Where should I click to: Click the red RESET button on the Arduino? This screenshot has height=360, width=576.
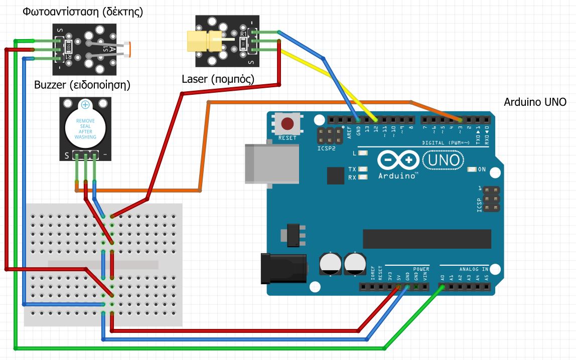pyautogui.click(x=287, y=123)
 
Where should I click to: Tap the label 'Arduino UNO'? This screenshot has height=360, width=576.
pyautogui.click(x=535, y=102)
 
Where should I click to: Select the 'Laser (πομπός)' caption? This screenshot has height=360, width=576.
pyautogui.click(x=218, y=79)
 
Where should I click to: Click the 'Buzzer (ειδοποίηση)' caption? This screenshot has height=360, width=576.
pyautogui.click(x=82, y=85)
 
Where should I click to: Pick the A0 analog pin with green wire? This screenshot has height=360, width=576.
pyautogui.click(x=442, y=287)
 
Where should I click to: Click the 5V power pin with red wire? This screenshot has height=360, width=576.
pyautogui.click(x=398, y=287)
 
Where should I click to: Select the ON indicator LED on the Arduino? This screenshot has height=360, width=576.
pyautogui.click(x=471, y=169)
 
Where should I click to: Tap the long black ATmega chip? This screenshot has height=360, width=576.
pyautogui.click(x=426, y=239)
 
